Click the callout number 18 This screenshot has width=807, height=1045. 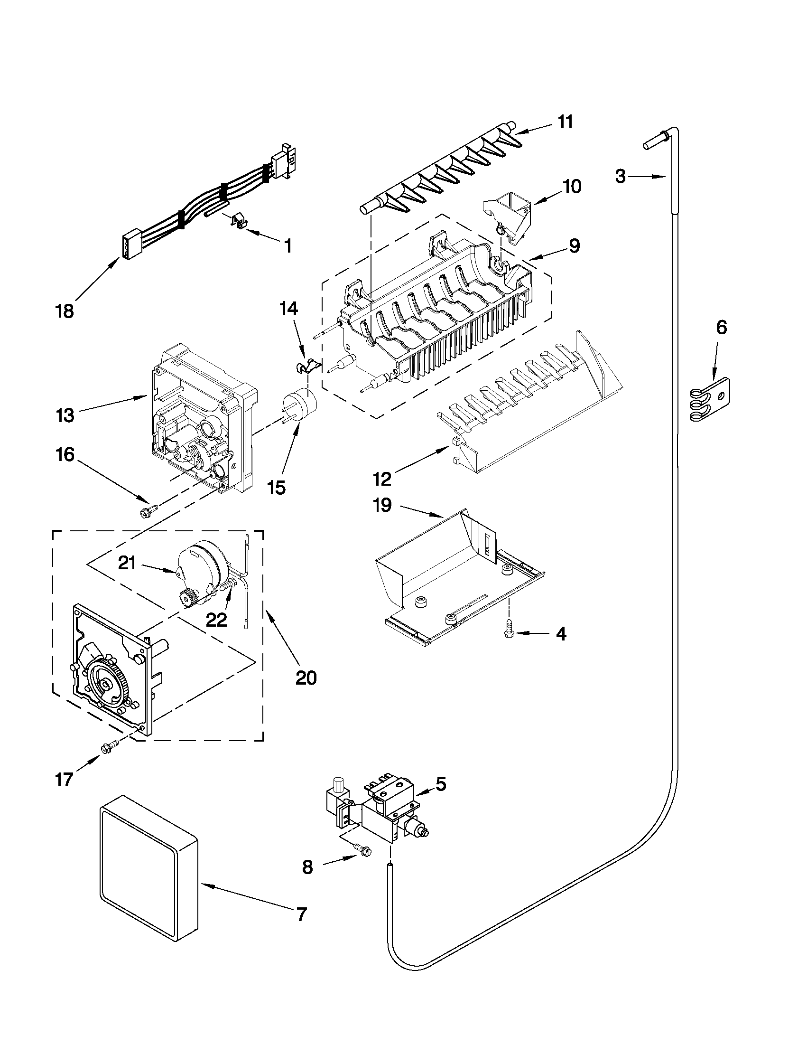click(x=65, y=311)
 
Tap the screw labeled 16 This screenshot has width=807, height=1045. click(x=145, y=511)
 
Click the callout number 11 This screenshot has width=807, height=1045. click(x=565, y=122)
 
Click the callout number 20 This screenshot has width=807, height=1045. click(x=306, y=678)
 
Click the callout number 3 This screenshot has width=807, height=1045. click(x=620, y=177)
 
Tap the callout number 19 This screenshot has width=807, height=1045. click(x=382, y=505)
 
